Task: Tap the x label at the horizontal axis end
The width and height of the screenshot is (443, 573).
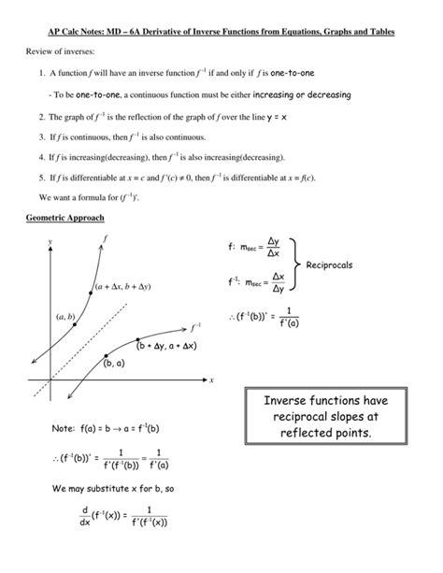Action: tap(212, 380)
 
